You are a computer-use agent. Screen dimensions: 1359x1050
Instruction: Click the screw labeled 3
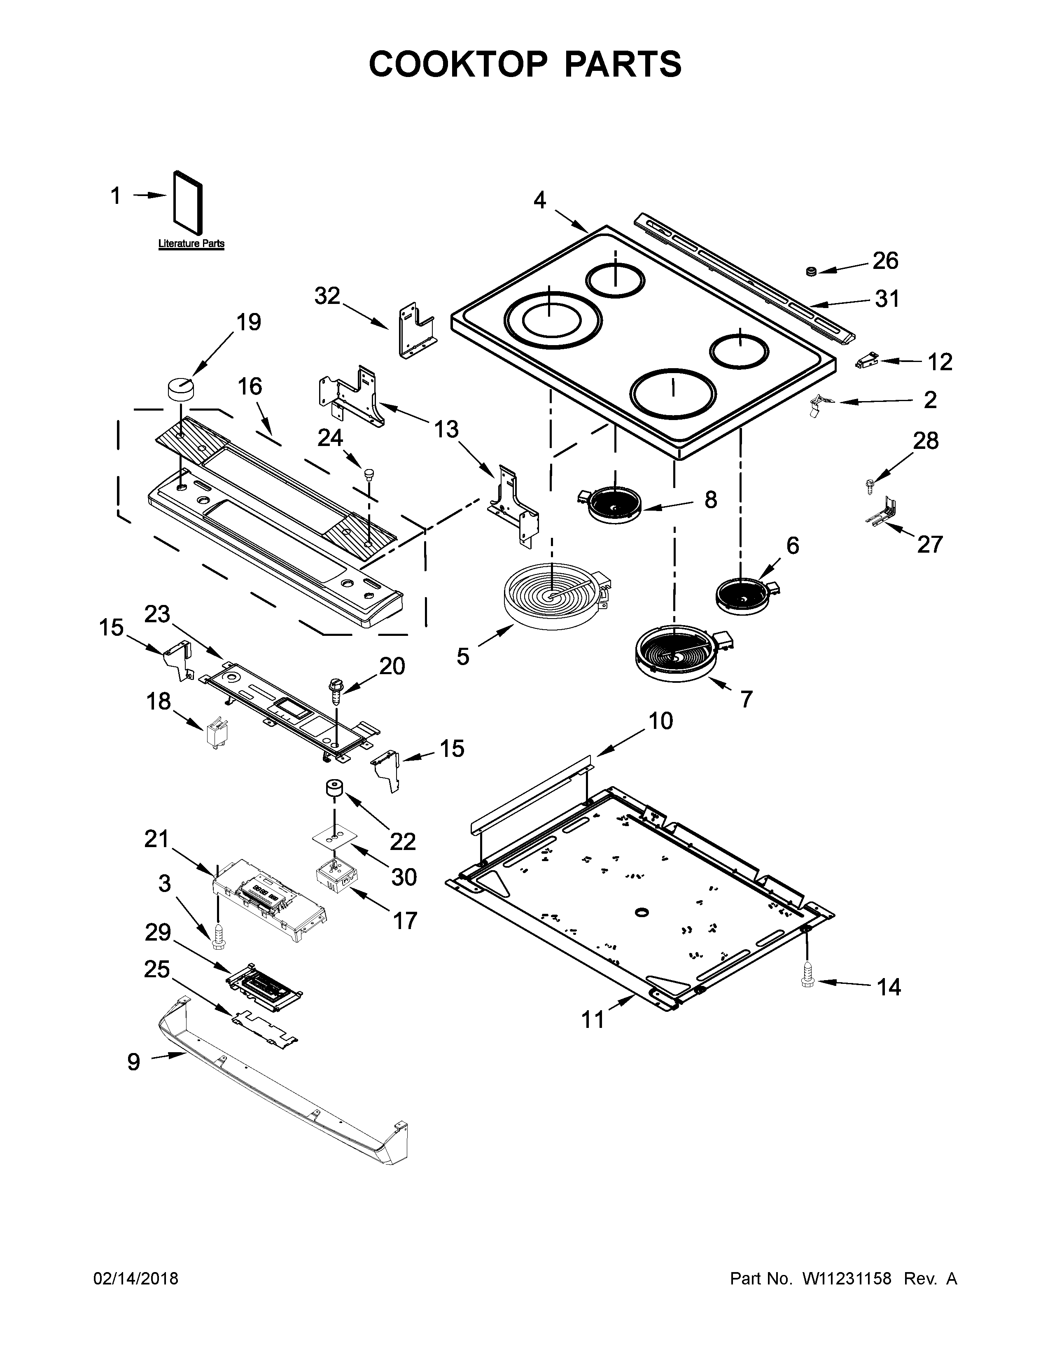pos(218,936)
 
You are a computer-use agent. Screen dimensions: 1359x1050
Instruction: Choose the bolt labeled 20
pos(336,691)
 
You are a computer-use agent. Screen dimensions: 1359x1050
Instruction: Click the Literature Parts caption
pos(191,244)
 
